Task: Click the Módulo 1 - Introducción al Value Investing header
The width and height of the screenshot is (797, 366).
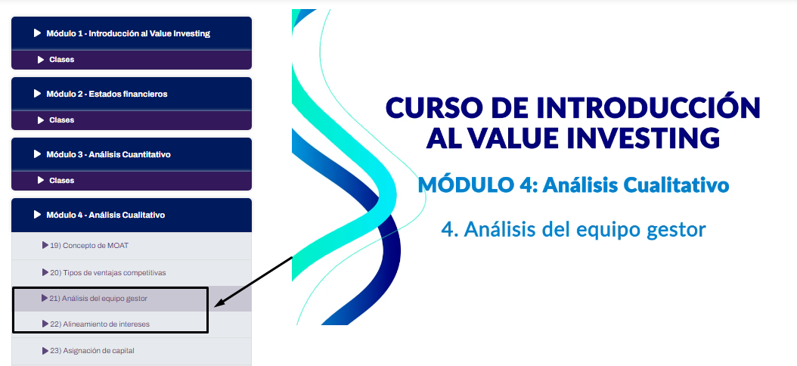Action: click(x=131, y=33)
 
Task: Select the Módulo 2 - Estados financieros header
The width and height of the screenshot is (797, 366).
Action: click(x=131, y=94)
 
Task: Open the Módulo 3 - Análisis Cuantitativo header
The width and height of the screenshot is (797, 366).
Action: click(x=131, y=154)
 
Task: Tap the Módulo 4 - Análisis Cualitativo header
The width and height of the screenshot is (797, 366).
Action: click(x=131, y=215)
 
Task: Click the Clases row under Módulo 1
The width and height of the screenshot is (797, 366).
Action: click(x=131, y=60)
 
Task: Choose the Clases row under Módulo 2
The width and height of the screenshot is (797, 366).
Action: click(x=131, y=120)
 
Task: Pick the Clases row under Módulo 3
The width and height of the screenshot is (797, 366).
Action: click(x=131, y=181)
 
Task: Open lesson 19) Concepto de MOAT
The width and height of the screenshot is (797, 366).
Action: click(x=85, y=246)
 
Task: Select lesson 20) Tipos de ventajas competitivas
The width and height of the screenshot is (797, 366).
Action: click(x=104, y=273)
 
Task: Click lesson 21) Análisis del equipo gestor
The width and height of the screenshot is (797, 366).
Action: click(x=95, y=299)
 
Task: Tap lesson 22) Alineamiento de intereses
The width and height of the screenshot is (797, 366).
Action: click(x=96, y=324)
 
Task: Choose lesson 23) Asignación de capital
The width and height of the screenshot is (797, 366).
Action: click(x=88, y=351)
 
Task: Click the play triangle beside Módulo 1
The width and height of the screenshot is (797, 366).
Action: click(x=37, y=33)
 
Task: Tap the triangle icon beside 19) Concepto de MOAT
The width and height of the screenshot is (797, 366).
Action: click(x=45, y=246)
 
